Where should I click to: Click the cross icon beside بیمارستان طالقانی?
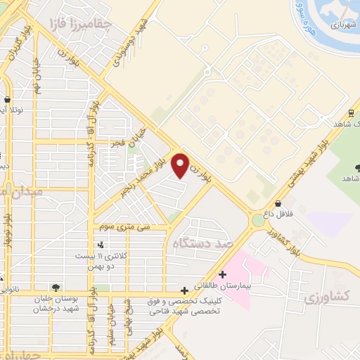pyautogui.click(x=223, y=274)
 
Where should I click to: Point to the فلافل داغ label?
pyautogui.click(x=278, y=212)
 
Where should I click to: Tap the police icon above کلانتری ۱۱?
pyautogui.click(x=102, y=245)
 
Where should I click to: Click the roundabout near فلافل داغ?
pyautogui.click(x=257, y=221)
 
